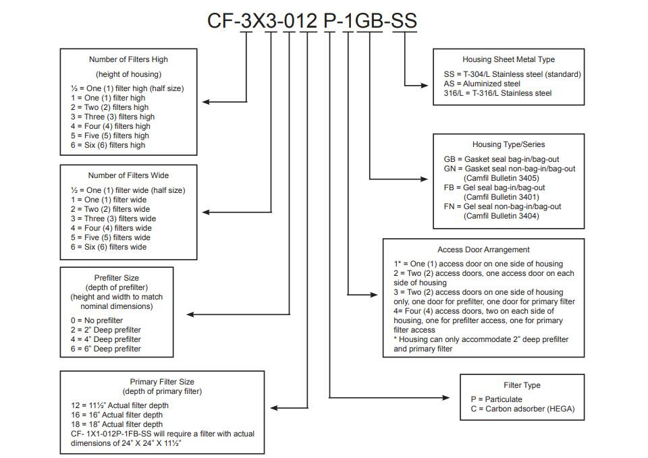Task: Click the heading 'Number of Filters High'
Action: pyautogui.click(x=128, y=59)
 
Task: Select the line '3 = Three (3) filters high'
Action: pyautogui.click(x=113, y=117)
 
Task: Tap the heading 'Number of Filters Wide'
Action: pyautogui.click(x=128, y=175)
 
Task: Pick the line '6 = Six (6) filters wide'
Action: pyautogui.click(x=109, y=247)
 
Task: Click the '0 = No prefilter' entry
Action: pyautogui.click(x=97, y=320)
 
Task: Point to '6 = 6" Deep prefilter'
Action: pyautogui.click(x=106, y=349)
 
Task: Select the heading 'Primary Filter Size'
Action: pyautogui.click(x=162, y=382)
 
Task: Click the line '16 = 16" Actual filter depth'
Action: pyautogui.click(x=117, y=415)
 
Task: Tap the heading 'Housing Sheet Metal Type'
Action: pyautogui.click(x=509, y=59)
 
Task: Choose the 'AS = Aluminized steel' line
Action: pyautogui.click(x=482, y=84)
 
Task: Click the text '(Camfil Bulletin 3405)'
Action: pyautogui.click(x=502, y=178)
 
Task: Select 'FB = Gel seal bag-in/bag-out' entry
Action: pyautogui.click(x=495, y=188)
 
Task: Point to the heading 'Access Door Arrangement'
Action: pyautogui.click(x=483, y=250)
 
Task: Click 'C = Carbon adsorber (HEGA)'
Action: pyautogui.click(x=522, y=409)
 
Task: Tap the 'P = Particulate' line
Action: pyautogui.click(x=496, y=399)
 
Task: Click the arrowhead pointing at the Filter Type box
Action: pyautogui.click(x=446, y=398)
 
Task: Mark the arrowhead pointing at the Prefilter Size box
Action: pyautogui.click(x=190, y=315)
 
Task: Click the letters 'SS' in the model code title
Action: pyautogui.click(x=404, y=21)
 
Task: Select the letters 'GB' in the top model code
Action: pyautogui.click(x=369, y=21)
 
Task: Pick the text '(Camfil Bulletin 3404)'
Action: pyautogui.click(x=502, y=216)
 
